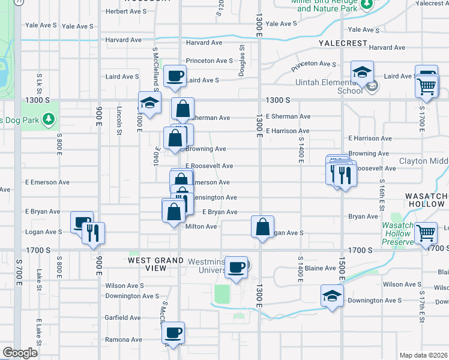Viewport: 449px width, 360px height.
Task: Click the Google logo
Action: coord(20,353)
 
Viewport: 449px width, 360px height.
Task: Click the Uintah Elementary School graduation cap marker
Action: coord(363,73)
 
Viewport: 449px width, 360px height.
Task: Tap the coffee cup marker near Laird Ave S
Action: coord(175,76)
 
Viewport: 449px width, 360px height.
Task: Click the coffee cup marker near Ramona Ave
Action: coord(173,332)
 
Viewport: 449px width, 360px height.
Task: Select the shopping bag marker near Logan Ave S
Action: coord(262,227)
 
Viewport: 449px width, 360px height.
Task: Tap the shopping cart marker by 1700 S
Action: coord(426,232)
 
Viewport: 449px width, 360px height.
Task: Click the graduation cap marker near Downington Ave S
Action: coord(332,296)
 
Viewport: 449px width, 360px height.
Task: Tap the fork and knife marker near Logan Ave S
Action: coord(93,232)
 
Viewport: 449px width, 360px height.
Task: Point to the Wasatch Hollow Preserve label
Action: coord(398,233)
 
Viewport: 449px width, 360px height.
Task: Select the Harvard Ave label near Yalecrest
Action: coord(387,47)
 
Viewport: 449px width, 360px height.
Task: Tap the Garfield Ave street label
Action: coord(123,317)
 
